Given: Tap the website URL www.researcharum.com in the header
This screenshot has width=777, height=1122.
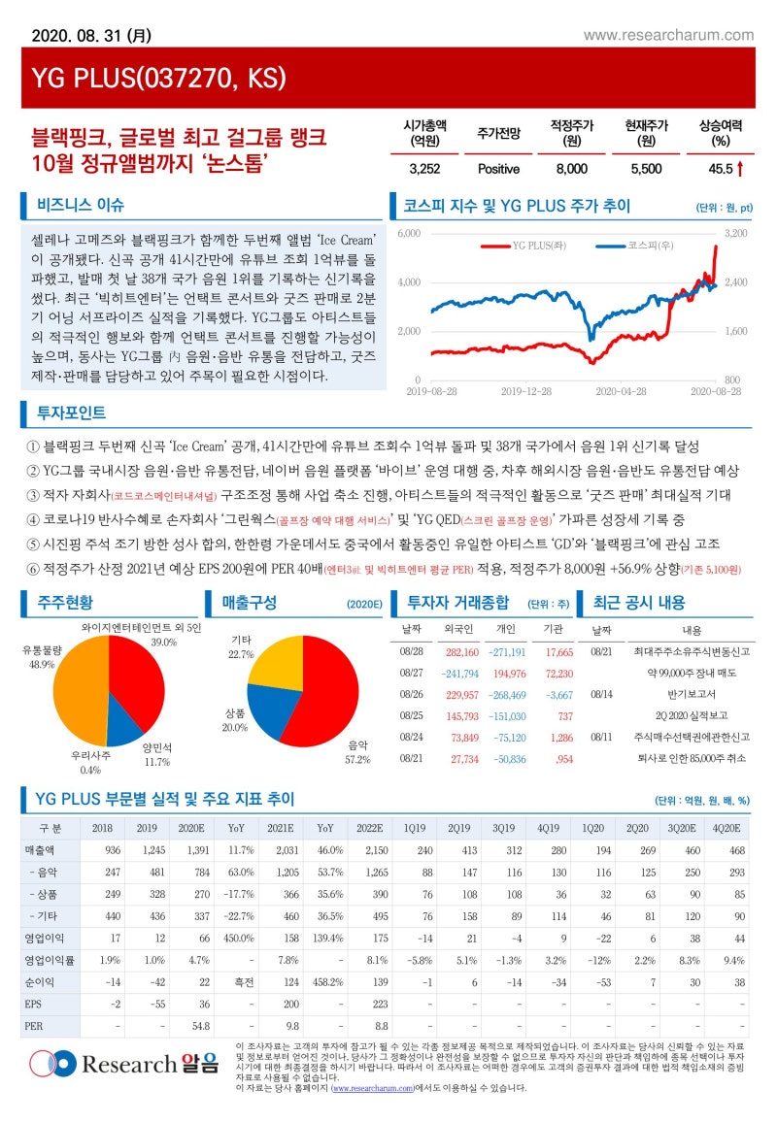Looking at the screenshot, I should pos(668,35).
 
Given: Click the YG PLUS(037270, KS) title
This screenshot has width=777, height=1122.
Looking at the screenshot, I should pos(155,78).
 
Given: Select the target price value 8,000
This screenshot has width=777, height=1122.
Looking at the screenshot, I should pos(571,169).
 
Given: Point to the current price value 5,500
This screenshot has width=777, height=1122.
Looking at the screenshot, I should pos(646,169).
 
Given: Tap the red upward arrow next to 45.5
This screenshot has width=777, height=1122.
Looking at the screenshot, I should pos(741,169).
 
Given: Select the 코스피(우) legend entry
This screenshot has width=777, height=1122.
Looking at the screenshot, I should pos(635,246).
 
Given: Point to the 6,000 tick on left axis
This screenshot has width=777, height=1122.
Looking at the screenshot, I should pos(409,234).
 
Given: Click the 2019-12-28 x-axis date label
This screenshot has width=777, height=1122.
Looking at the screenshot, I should pos(525,390).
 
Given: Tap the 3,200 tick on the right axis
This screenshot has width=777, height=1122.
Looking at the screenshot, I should pos(735,234).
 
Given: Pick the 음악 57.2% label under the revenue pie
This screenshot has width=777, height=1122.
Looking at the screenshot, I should pos(356,752).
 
